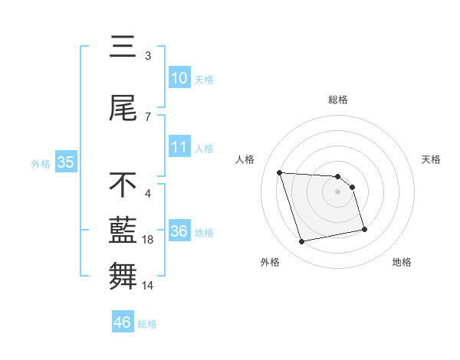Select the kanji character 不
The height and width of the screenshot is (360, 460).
(x=123, y=185)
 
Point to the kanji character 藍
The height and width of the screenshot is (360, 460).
(x=123, y=231)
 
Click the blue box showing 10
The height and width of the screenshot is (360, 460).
(x=179, y=78)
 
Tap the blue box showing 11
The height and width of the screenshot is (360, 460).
(x=179, y=147)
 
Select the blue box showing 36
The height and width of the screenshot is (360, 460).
(x=179, y=231)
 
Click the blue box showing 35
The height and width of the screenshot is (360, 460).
(x=65, y=162)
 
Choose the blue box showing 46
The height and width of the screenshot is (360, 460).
(x=123, y=322)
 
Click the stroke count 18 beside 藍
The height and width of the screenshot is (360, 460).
(x=148, y=240)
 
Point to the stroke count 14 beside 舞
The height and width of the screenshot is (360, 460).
(x=148, y=286)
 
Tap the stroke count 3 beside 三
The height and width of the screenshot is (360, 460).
(x=148, y=56)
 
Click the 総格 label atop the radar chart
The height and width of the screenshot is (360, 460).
(x=338, y=100)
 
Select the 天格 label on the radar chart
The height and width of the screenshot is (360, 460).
(x=432, y=159)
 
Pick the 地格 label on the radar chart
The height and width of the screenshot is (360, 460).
(x=402, y=262)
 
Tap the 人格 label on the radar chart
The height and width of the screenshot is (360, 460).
(x=245, y=159)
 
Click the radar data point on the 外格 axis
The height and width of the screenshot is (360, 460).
(x=302, y=241)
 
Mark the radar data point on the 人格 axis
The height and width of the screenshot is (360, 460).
(x=280, y=172)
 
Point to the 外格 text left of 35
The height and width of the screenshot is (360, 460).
(x=41, y=163)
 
